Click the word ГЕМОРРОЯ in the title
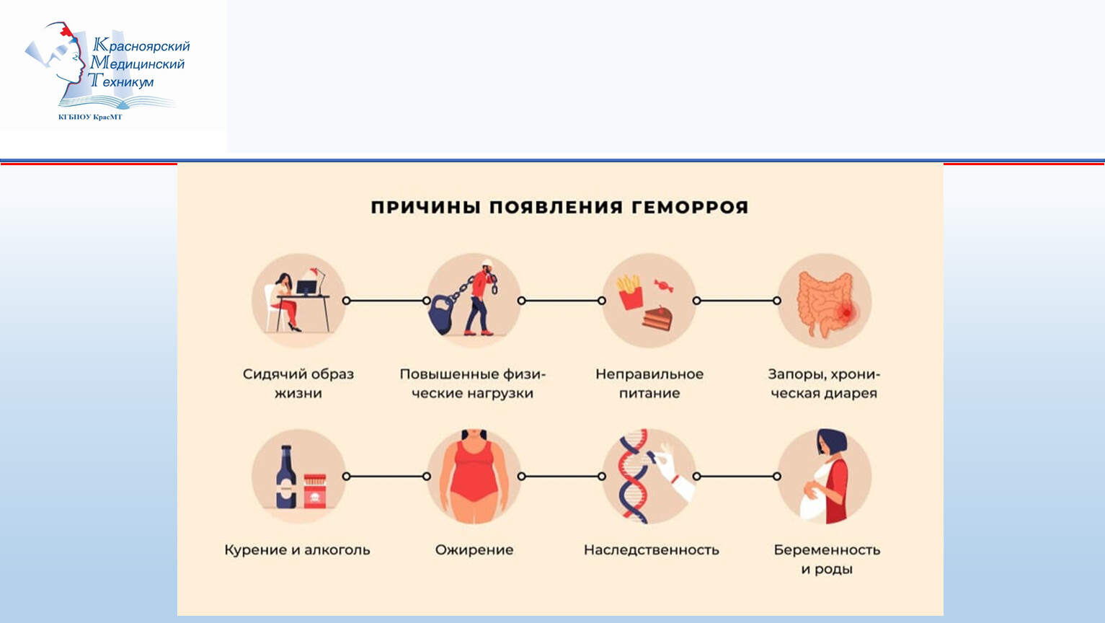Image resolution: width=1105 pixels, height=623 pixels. pyautogui.click(x=690, y=208)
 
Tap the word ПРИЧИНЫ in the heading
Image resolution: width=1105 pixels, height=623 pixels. pyautogui.click(x=426, y=208)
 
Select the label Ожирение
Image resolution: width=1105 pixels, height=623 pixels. pyautogui.click(x=474, y=550)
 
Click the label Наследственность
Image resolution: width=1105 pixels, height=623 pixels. pyautogui.click(x=651, y=550)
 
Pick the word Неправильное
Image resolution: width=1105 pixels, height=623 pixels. pyautogui.click(x=649, y=375)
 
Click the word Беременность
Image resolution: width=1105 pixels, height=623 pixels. pyautogui.click(x=827, y=550)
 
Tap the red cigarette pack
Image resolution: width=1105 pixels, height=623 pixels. pyautogui.click(x=315, y=491)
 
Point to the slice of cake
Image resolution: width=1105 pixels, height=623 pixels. pyautogui.click(x=657, y=319)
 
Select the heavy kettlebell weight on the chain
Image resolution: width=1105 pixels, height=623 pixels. pyautogui.click(x=443, y=314)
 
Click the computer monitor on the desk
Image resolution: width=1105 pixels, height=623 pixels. pyautogui.click(x=306, y=287)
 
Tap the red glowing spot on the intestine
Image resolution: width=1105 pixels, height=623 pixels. pyautogui.click(x=846, y=312)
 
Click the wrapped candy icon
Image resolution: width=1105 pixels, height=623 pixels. pyautogui.click(x=663, y=286)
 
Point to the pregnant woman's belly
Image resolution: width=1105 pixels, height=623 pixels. pyautogui.click(x=812, y=502)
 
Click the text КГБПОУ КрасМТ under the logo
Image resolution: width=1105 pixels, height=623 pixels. pyautogui.click(x=90, y=117)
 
